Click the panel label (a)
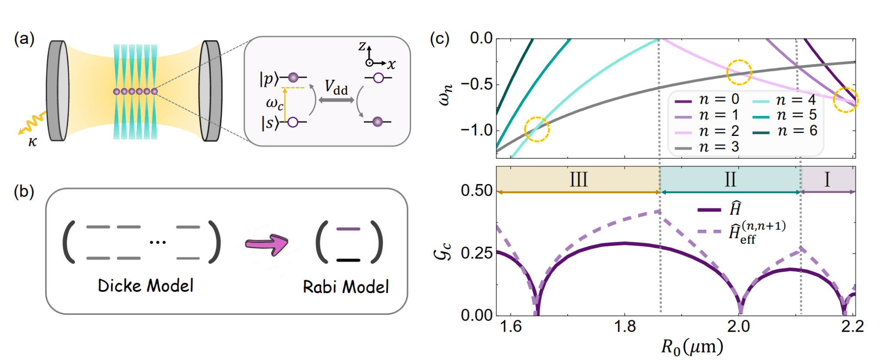(x=24, y=40)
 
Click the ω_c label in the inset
(x=274, y=103)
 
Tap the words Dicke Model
(x=145, y=286)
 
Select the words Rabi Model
(x=346, y=287)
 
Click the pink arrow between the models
(x=266, y=244)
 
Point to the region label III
(x=578, y=179)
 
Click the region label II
(x=730, y=179)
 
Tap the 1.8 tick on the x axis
(x=625, y=326)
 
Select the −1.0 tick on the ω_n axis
(x=476, y=130)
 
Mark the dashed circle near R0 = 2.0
(x=739, y=72)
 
